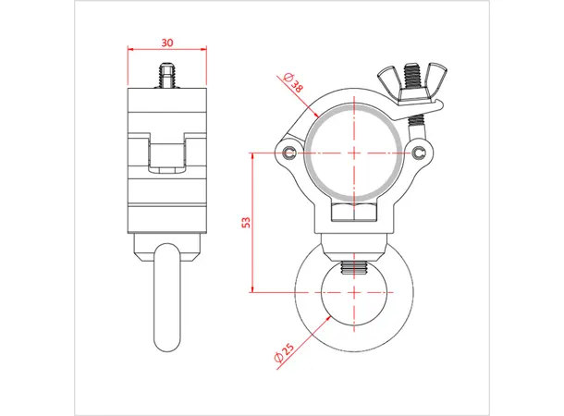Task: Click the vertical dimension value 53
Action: tap(245, 222)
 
